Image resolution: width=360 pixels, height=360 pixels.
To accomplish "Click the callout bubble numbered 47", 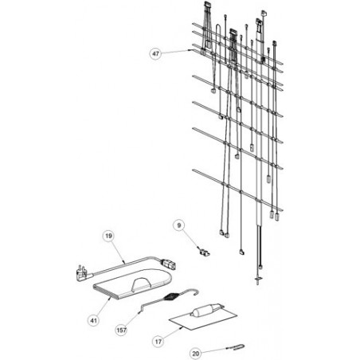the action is [155, 53].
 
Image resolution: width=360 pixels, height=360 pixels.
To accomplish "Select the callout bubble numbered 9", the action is [179, 225].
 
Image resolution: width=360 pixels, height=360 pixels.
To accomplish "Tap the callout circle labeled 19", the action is [108, 236].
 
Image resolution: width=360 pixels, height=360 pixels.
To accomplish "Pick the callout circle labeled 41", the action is [94, 321].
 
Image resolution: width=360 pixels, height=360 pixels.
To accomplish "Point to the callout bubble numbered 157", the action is [122, 331].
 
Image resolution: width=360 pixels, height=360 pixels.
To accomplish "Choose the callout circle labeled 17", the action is [158, 341].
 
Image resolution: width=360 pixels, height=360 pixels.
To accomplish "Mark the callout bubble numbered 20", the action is [196, 354].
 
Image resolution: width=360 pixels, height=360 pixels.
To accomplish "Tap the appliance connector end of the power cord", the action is [168, 264].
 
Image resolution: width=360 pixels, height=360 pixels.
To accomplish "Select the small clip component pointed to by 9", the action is [205, 252].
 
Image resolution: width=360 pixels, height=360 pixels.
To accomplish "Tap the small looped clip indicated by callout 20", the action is [237, 346].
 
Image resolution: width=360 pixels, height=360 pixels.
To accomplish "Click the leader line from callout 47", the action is [176, 52].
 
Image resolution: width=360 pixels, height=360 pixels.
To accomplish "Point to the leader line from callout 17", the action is [173, 333].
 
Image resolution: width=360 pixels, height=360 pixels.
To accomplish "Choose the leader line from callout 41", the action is [104, 306].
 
